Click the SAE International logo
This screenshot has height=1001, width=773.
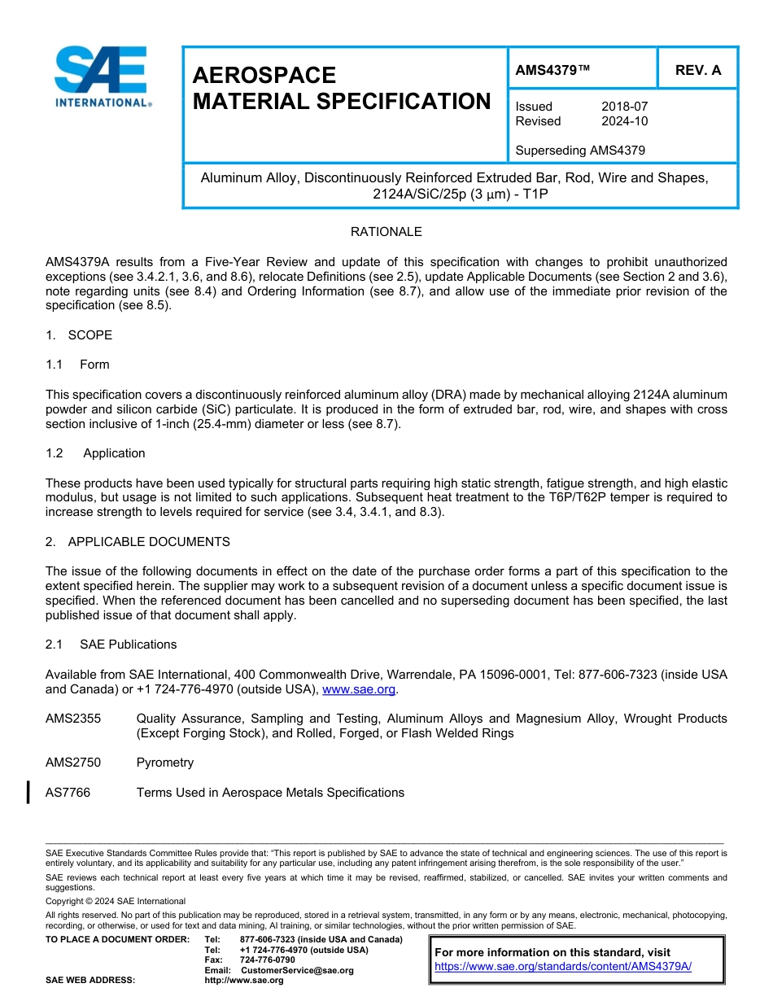[101, 76]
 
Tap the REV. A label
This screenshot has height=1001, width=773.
[698, 71]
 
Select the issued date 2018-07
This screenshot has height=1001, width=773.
[624, 107]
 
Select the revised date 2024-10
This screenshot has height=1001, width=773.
[624, 121]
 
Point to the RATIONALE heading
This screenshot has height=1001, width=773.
[386, 232]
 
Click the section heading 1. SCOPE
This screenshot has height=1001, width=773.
[79, 335]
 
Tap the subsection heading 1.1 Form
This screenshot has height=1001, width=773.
[78, 365]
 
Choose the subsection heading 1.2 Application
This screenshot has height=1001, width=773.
[95, 453]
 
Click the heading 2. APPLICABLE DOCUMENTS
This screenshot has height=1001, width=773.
[138, 542]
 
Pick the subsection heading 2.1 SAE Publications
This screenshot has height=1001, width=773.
[111, 645]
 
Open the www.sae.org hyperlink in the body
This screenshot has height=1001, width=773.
[359, 689]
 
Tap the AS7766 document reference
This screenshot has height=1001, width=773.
[68, 793]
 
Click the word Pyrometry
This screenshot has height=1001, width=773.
[165, 763]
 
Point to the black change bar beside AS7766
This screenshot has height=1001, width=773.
[29, 792]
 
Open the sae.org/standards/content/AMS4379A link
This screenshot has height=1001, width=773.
[563, 966]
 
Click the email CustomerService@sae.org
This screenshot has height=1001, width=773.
[297, 970]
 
